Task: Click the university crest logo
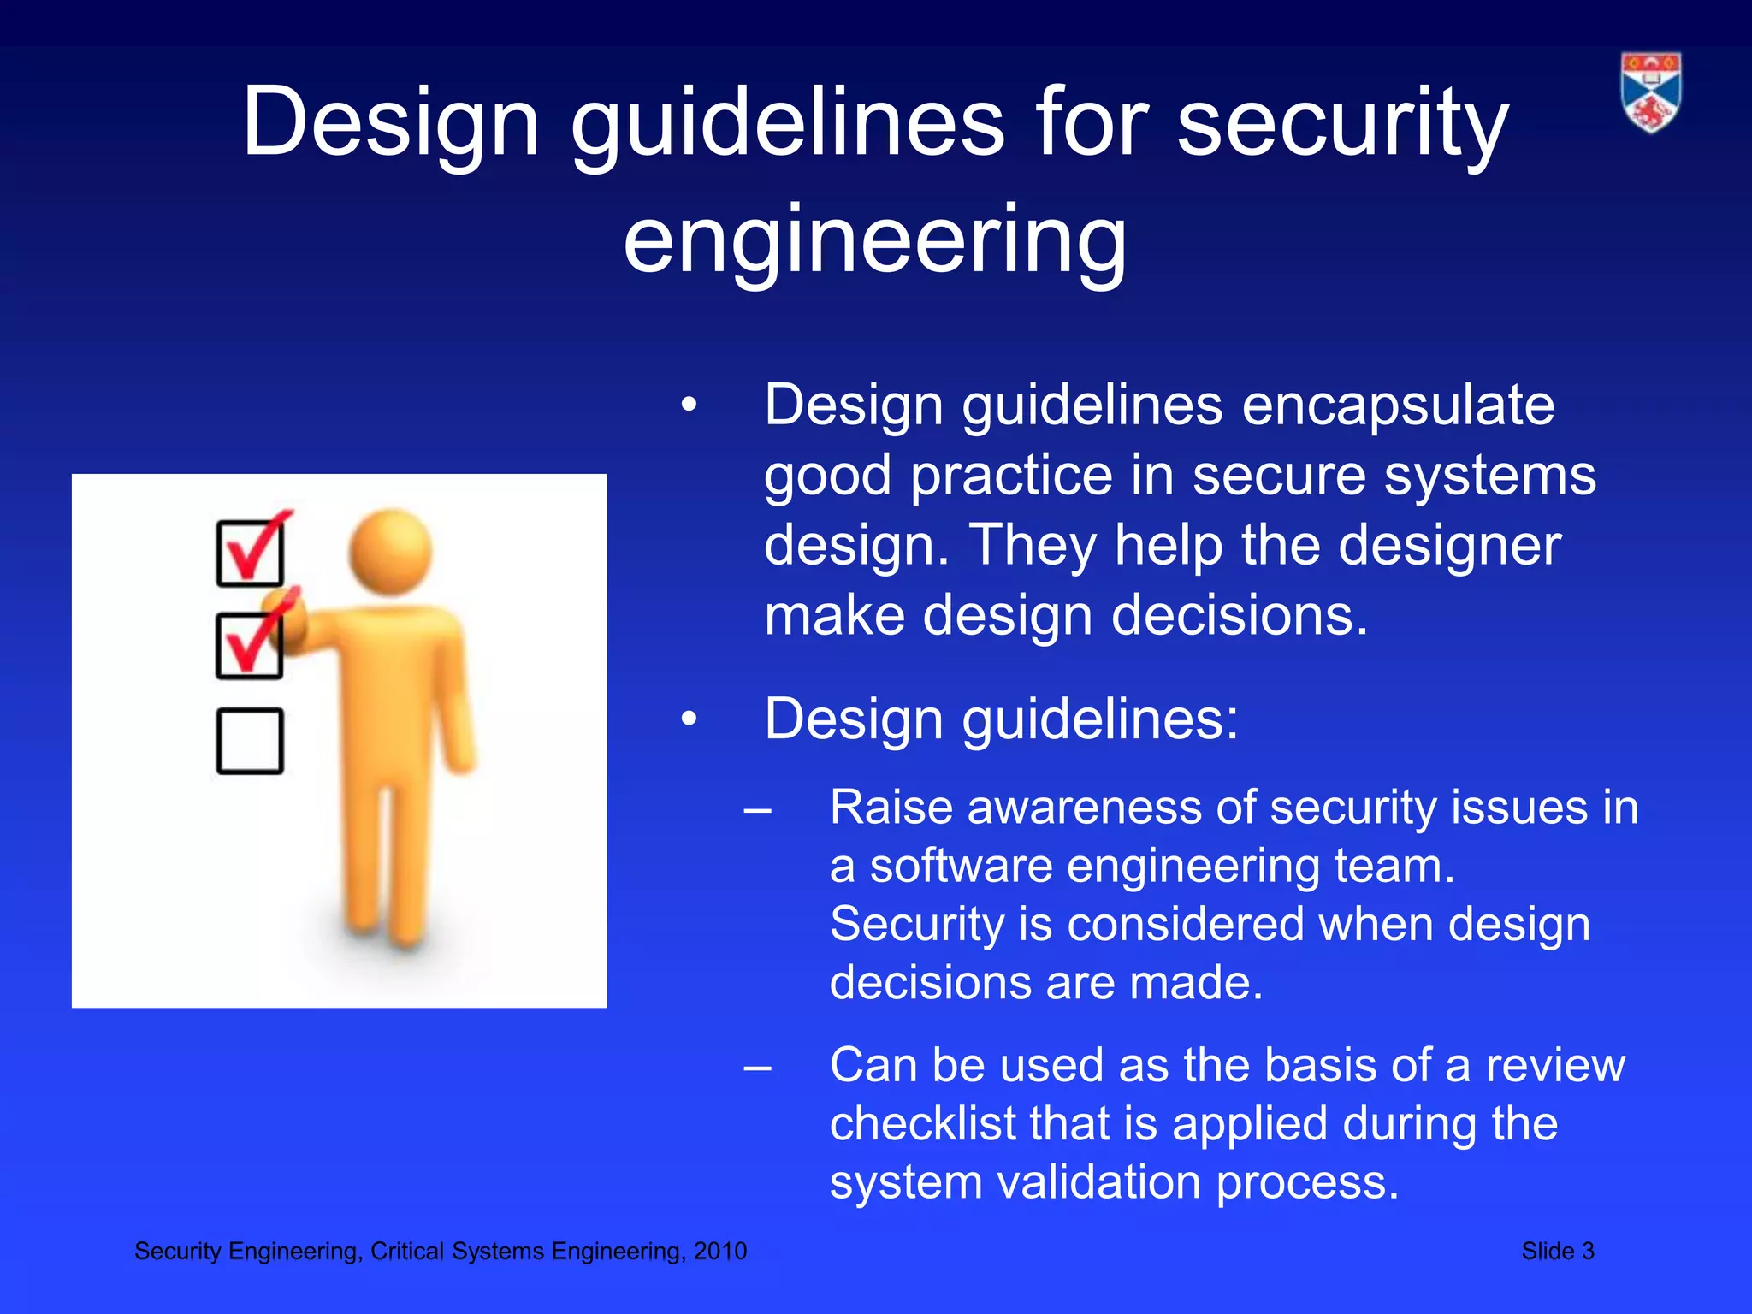tap(1650, 92)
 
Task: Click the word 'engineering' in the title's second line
tap(875, 242)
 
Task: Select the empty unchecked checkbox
tap(250, 741)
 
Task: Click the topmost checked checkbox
tap(250, 553)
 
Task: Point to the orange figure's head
tap(391, 550)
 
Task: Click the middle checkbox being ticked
tap(250, 646)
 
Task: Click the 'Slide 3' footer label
tap(1557, 1252)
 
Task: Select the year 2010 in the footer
tap(720, 1252)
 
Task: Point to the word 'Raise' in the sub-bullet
tap(891, 808)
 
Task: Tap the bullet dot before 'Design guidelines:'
tap(690, 720)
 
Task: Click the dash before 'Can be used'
tap(758, 1068)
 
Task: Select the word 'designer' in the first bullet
tap(1449, 546)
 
